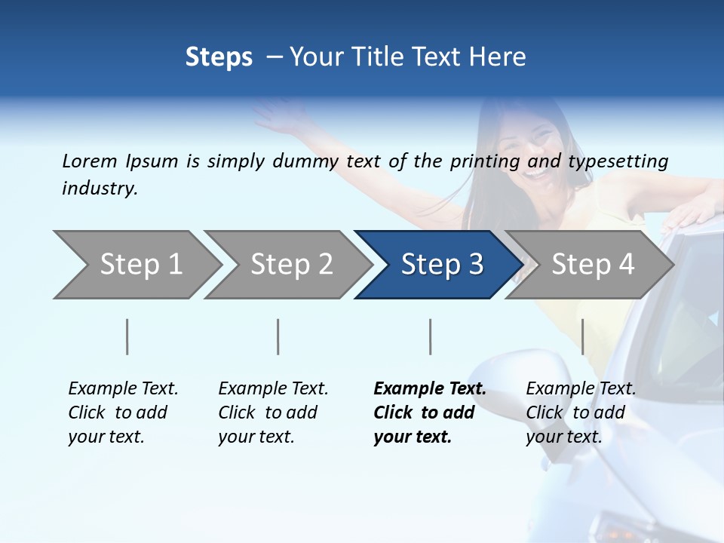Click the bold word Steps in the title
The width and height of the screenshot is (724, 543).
[219, 57]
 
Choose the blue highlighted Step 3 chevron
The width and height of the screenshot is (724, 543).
[440, 265]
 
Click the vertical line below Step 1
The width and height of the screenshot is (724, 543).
[127, 336]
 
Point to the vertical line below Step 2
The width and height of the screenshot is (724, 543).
[278, 336]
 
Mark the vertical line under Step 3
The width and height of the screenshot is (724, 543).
[431, 336]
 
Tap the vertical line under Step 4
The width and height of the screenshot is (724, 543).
[582, 336]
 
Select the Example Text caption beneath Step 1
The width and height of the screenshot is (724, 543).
[123, 412]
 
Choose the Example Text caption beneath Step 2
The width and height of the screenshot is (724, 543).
[273, 412]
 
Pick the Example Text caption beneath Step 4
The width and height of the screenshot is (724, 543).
[581, 412]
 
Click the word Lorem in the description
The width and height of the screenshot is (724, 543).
[90, 161]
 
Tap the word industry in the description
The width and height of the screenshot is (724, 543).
[100, 188]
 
